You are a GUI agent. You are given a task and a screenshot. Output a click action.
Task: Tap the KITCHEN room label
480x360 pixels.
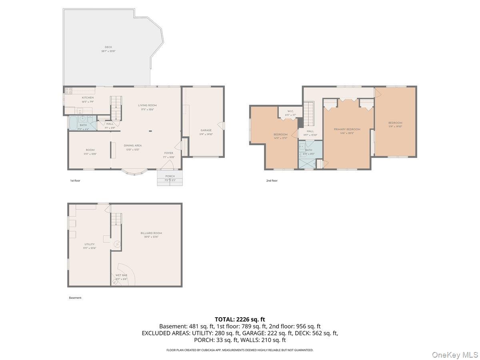[88, 98]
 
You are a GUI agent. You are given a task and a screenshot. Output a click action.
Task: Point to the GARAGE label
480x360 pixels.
[206, 130]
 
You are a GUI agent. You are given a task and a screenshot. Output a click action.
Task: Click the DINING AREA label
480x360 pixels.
[133, 146]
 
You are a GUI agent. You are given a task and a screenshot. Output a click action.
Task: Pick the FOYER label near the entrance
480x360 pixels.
[169, 153]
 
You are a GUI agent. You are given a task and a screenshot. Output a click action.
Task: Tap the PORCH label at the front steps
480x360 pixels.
[170, 176]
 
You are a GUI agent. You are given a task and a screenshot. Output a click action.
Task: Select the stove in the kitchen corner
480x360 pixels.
[68, 90]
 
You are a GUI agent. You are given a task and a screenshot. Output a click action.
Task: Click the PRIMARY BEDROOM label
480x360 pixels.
[347, 129]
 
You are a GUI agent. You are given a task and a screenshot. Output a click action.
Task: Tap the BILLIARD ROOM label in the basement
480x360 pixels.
[151, 233]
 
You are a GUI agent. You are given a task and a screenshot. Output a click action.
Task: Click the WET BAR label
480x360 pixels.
[121, 276]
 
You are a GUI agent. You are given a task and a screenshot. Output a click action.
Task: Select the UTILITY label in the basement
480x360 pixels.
[89, 244]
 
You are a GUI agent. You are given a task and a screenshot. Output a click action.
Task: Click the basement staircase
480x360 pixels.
[116, 219]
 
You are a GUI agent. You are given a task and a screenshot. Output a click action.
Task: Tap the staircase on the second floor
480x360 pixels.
[308, 114]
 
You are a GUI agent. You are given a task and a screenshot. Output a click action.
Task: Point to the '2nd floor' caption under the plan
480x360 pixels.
[272, 181]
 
